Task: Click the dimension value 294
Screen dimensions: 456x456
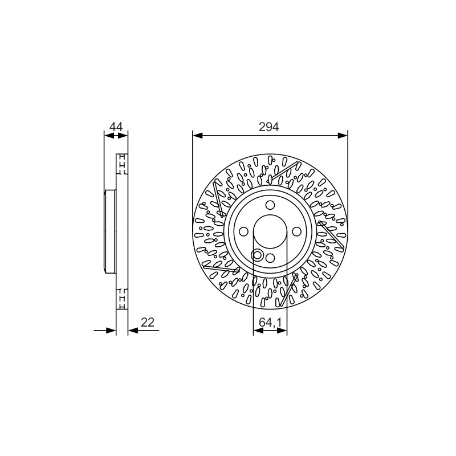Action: point(268,127)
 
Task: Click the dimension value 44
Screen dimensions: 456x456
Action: point(116,127)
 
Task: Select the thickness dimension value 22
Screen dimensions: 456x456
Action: point(148,322)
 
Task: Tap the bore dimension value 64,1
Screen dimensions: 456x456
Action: point(270,322)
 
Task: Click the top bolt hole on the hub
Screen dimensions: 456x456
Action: point(270,205)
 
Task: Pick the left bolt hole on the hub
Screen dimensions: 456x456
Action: point(244,232)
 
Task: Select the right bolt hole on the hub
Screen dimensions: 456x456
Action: point(296,232)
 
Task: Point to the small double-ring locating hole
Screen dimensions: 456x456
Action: point(258,255)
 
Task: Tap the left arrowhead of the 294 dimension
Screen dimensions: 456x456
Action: point(197,135)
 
